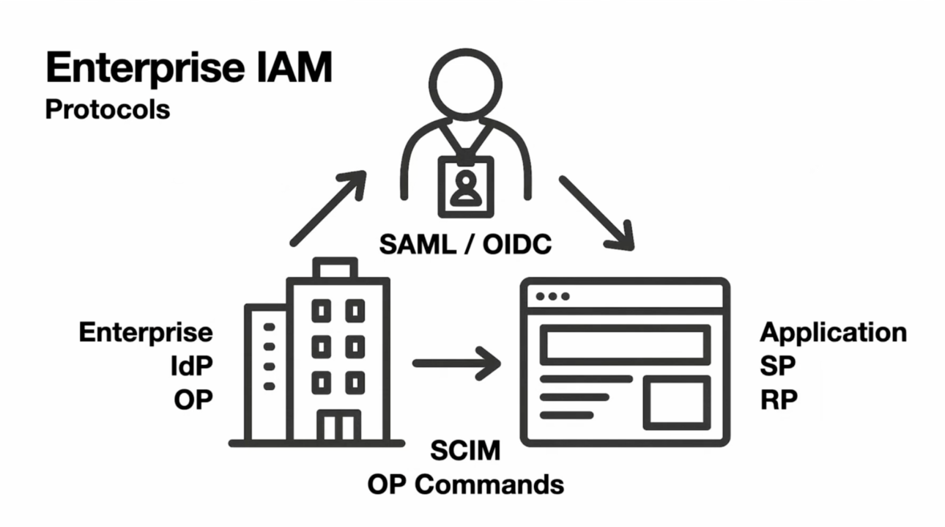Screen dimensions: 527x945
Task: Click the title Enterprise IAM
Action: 189,68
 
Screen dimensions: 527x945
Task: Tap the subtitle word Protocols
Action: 108,109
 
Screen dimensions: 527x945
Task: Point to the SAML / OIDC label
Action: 465,244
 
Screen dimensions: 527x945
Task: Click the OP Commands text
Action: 465,484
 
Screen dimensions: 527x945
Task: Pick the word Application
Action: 833,332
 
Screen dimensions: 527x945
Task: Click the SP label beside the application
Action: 778,365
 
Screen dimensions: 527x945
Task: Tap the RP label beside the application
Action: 779,399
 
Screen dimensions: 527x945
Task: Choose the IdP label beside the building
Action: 191,365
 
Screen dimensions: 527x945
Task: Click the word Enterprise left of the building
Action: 146,332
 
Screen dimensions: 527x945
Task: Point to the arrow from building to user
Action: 327,208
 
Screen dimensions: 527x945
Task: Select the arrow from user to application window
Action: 596,213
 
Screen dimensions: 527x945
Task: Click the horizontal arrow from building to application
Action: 456,363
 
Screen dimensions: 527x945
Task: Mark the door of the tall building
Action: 338,426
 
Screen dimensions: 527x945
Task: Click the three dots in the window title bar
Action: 552,296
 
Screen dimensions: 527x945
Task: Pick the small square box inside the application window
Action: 676,402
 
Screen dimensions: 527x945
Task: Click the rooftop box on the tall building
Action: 335,268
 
